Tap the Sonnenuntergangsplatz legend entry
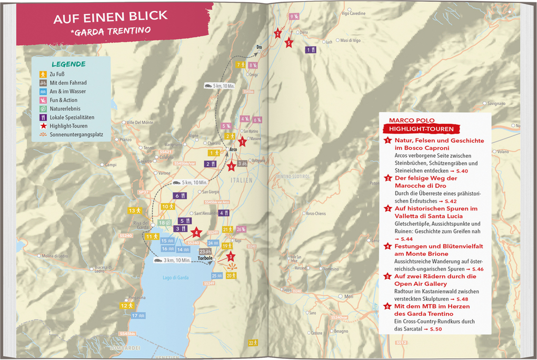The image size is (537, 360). pos(76,135)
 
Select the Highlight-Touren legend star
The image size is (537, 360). pos(43,126)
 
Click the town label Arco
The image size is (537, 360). pos(234,149)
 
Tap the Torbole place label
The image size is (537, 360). pos(205,258)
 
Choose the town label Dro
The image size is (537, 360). pos(258,47)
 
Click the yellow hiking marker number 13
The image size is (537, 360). pos(135,211)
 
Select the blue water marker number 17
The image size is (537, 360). pos(138,315)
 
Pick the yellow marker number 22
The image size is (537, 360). pos(253,343)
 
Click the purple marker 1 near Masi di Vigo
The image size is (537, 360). pos(311,49)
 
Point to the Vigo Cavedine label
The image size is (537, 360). pos(353,13)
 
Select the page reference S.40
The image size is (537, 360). pos(459,171)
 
